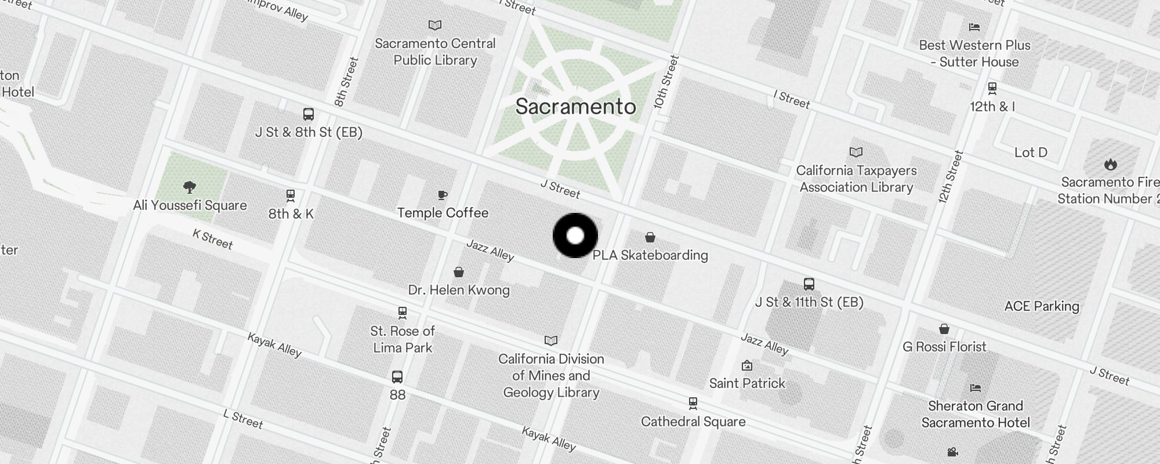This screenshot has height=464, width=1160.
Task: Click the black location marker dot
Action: pos(575,235)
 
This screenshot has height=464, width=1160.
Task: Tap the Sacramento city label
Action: pos(575,107)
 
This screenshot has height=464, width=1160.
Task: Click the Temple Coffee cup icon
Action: pos(443,195)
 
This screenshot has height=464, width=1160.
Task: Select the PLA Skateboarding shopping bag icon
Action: pos(650,237)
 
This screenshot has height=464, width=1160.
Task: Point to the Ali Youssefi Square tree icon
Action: pos(189,187)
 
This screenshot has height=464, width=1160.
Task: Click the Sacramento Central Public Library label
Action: pos(435,52)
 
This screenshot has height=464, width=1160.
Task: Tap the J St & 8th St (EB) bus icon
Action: pos(309,114)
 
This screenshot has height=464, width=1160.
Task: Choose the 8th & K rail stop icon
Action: pos(291,196)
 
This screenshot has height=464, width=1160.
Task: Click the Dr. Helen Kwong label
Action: pos(459,290)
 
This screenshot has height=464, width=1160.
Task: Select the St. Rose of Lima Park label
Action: pos(403,339)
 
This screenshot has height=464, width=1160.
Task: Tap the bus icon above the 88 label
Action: pos(397,377)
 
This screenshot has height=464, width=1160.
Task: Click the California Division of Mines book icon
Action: pos(551,340)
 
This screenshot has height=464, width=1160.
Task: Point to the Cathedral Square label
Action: pos(693,422)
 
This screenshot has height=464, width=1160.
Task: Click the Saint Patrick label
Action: pos(747,383)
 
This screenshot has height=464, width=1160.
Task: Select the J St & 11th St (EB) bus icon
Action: pos(809,284)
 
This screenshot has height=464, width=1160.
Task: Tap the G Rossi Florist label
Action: pos(944,347)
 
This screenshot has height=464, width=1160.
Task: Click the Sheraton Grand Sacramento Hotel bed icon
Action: pos(976,387)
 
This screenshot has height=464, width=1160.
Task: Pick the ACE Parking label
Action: pos(1042,306)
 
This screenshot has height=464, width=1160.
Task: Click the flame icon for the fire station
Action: pos(1110,164)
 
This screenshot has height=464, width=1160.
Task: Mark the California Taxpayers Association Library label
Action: pos(856,179)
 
